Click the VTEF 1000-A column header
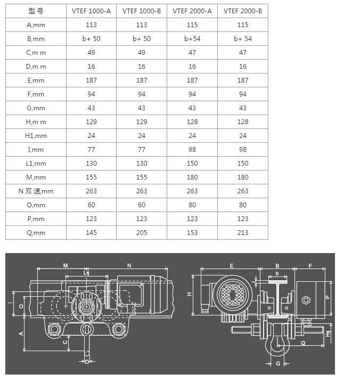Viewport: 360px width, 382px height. [91, 11]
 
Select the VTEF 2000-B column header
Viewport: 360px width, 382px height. [243, 11]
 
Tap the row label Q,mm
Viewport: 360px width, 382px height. [36, 233]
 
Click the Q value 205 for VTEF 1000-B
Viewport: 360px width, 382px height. [142, 233]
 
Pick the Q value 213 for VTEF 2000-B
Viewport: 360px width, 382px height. [243, 233]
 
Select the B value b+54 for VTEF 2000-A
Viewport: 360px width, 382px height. [192, 39]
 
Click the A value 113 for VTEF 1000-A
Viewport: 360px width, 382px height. [91, 25]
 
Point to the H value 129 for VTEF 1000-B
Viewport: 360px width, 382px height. [142, 122]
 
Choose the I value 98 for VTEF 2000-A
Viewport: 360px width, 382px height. [192, 150]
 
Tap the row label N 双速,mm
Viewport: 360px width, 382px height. [36, 191]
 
